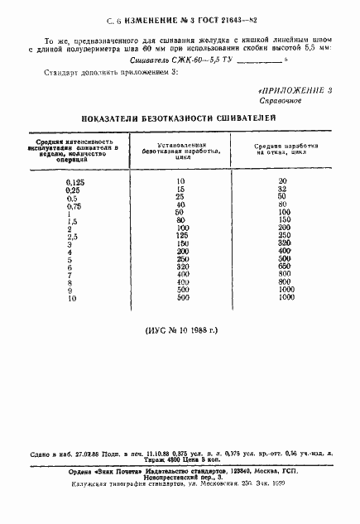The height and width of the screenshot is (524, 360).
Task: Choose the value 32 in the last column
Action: pyautogui.click(x=282, y=189)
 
